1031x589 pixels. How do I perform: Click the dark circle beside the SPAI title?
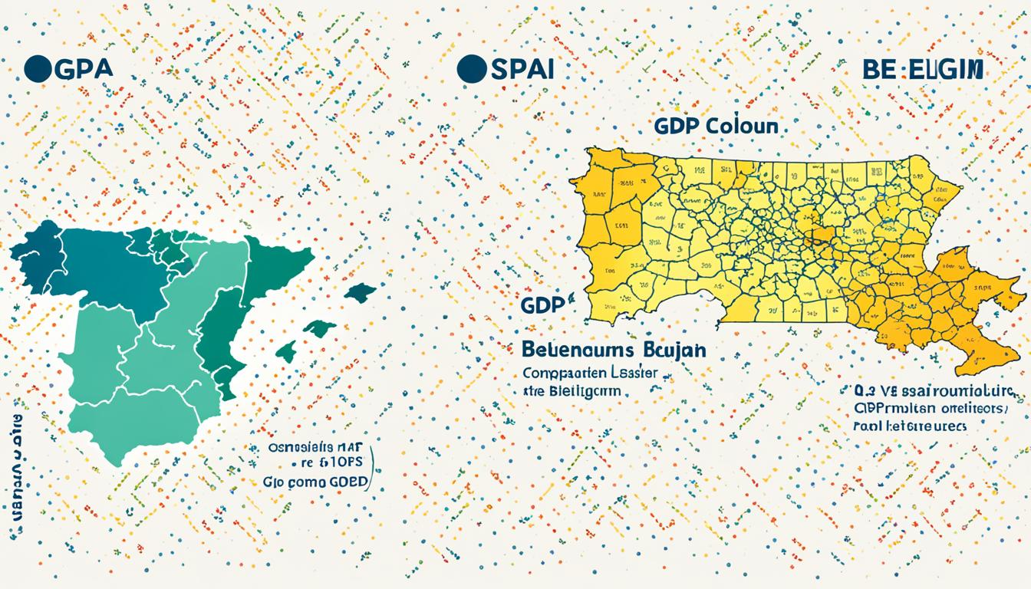(x=472, y=68)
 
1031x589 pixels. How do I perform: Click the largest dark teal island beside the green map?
(x=359, y=292)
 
